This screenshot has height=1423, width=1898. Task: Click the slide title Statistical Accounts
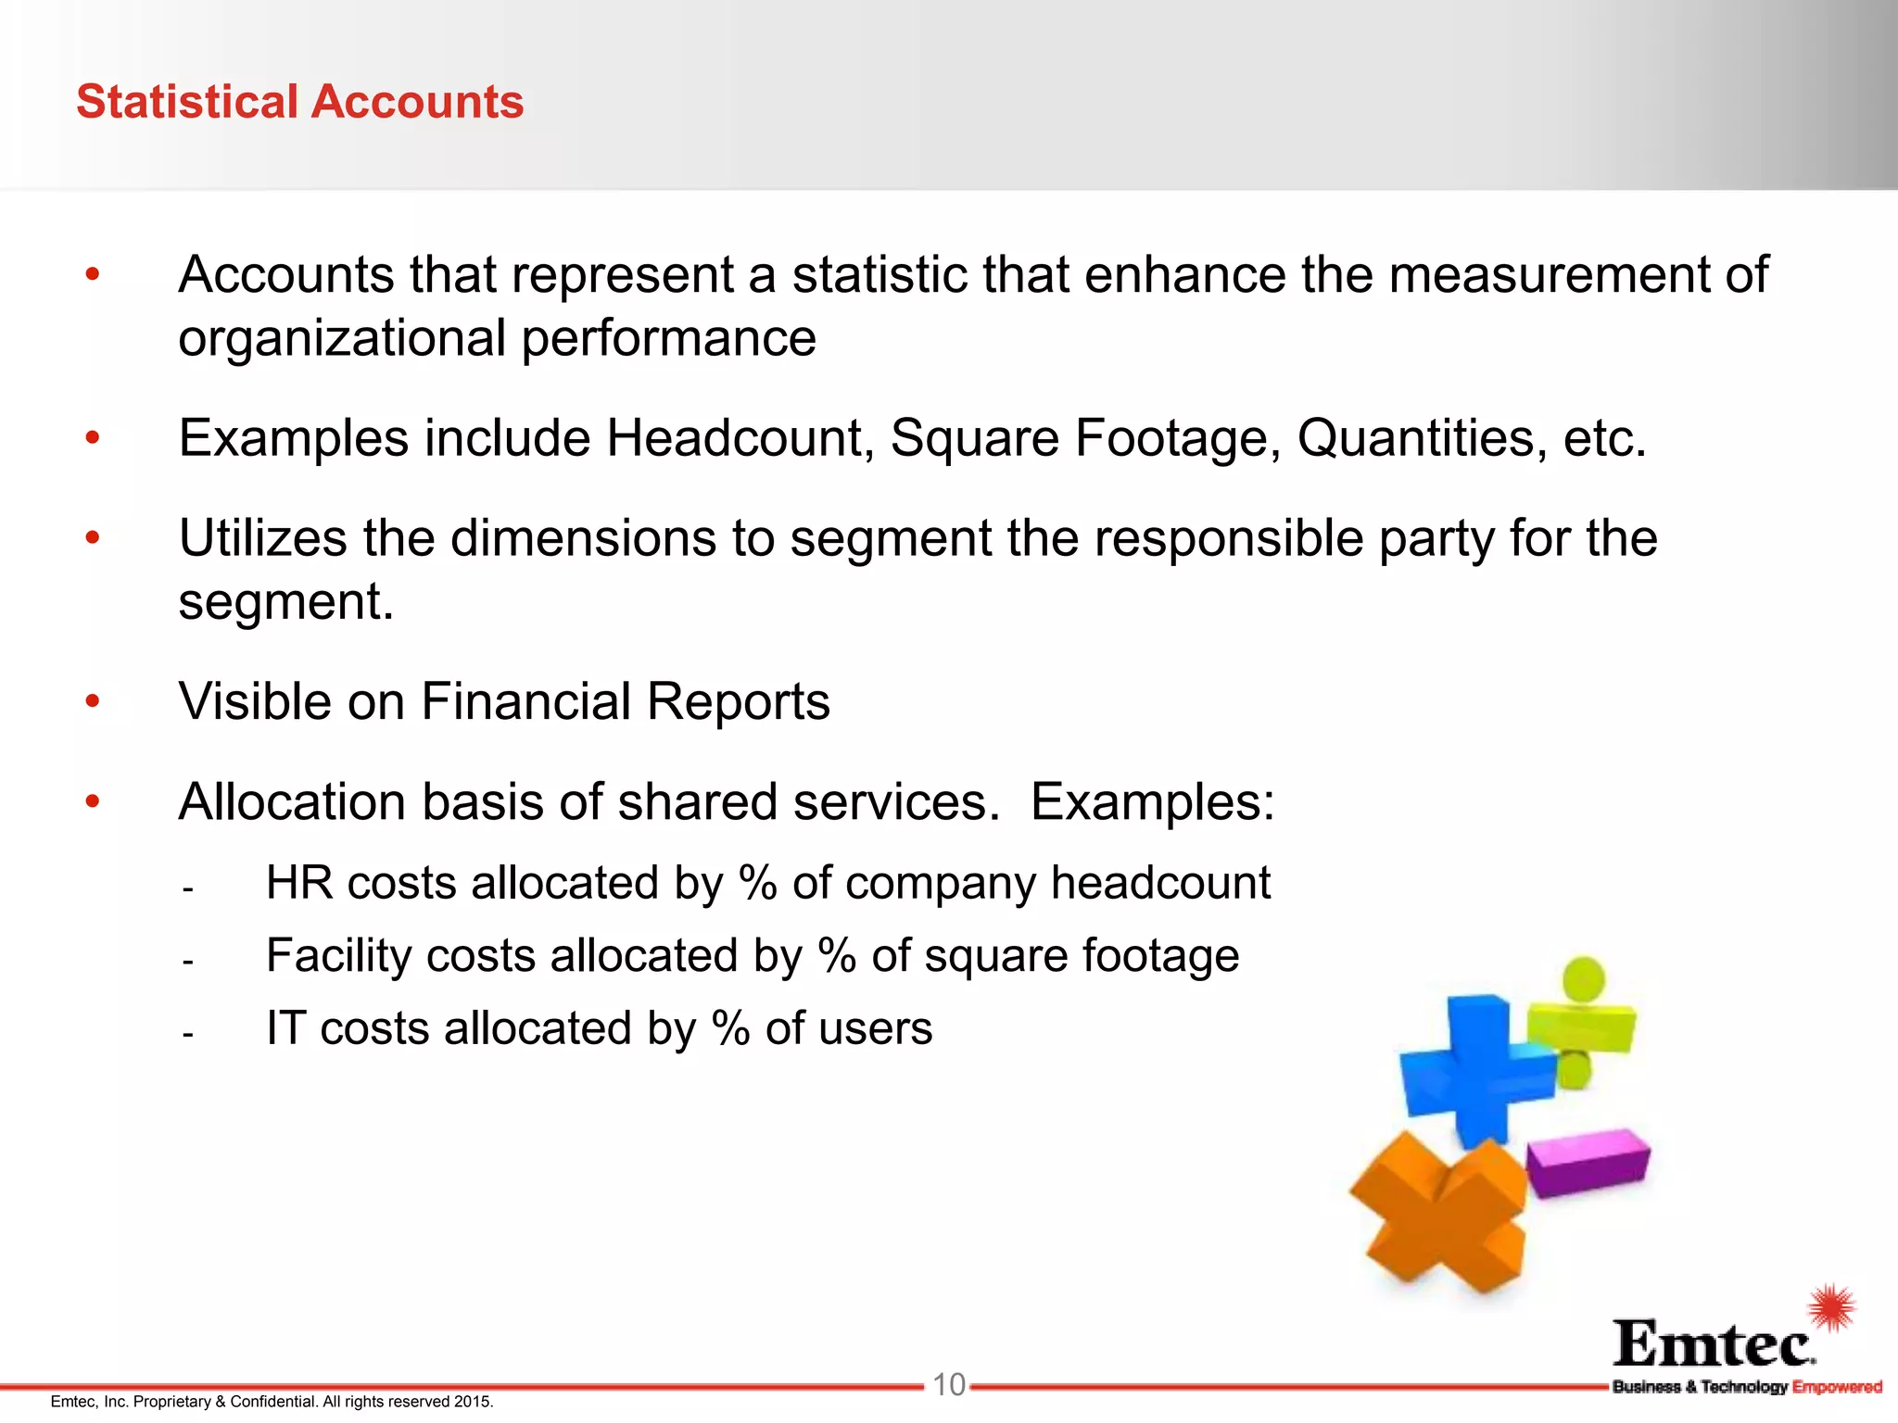click(299, 102)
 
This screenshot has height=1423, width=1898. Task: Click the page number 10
click(948, 1385)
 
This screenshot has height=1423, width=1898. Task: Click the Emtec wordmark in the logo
click(1714, 1344)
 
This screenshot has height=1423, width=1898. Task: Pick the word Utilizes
click(261, 538)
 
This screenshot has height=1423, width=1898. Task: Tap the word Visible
click(254, 701)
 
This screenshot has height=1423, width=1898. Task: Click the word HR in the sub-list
click(298, 883)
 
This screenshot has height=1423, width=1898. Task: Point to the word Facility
click(337, 956)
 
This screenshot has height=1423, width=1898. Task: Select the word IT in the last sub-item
click(285, 1028)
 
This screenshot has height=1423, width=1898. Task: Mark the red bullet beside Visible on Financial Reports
click(92, 701)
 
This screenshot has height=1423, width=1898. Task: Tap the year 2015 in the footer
click(473, 1402)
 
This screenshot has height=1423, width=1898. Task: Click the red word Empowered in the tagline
click(1837, 1387)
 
